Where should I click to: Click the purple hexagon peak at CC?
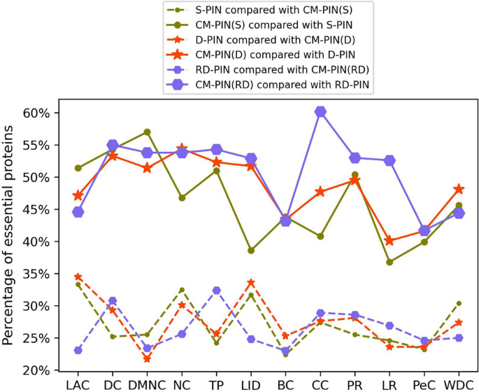pyautogui.click(x=320, y=112)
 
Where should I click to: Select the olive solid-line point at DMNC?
pyautogui.click(x=147, y=132)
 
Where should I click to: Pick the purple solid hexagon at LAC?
pyautogui.click(x=78, y=211)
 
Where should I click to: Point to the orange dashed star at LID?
pyautogui.click(x=251, y=282)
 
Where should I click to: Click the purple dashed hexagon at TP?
pyautogui.click(x=216, y=290)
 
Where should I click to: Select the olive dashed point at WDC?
pyautogui.click(x=459, y=303)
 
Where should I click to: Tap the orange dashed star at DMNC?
pyautogui.click(x=147, y=358)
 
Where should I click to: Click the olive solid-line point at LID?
pyautogui.click(x=251, y=250)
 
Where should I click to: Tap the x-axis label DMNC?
pyautogui.click(x=147, y=384)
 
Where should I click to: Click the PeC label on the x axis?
pyautogui.click(x=424, y=384)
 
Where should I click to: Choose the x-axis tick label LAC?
pyautogui.click(x=78, y=384)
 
